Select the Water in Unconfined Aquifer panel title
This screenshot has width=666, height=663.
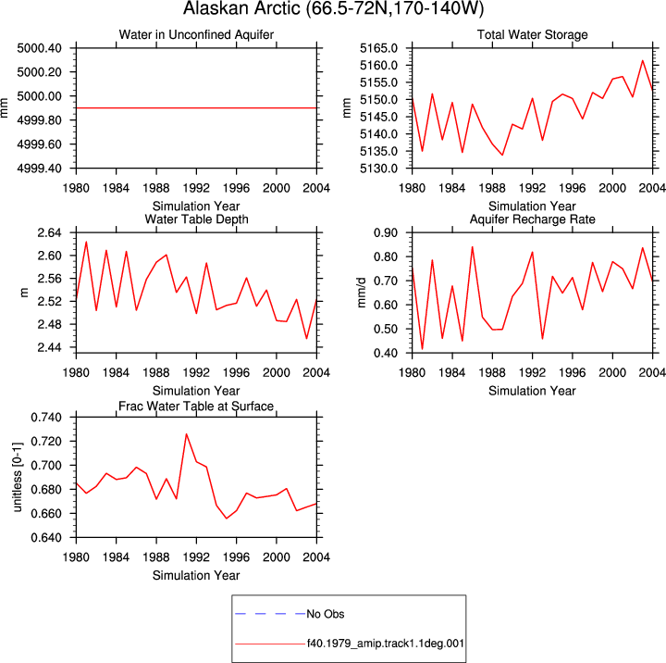tap(196, 34)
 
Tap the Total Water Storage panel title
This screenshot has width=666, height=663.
tap(532, 34)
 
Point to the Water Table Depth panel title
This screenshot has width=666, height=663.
tap(196, 219)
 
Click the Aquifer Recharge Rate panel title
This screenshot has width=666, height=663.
tap(532, 219)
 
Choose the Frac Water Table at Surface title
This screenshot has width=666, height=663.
tap(196, 407)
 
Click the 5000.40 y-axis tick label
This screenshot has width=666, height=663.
tap(39, 48)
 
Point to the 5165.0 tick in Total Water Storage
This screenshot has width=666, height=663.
tap(379, 48)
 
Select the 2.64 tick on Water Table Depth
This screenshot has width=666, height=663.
tap(49, 232)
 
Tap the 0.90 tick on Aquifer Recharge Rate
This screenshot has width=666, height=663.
tap(386, 232)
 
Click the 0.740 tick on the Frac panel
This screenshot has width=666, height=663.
tap(46, 418)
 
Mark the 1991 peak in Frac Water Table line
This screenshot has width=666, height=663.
tap(186, 434)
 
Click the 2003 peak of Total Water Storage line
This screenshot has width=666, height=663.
tap(643, 60)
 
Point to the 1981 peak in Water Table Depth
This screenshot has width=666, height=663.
tap(86, 242)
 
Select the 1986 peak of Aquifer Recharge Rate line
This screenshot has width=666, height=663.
tap(472, 246)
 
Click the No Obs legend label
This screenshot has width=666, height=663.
tap(326, 614)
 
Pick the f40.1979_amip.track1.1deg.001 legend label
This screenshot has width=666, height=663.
tap(385, 644)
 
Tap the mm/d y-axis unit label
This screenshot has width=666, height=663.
tap(362, 293)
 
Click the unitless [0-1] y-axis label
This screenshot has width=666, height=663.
tap(17, 477)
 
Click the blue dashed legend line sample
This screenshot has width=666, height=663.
tap(270, 614)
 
